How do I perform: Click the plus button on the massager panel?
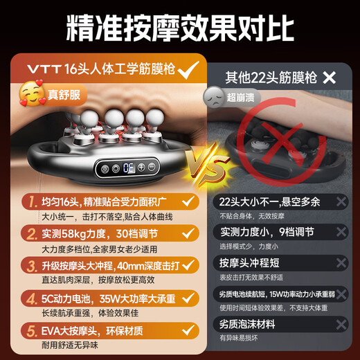click(141, 168)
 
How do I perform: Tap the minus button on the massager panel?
click(152, 168)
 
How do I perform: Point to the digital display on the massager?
click(129, 168)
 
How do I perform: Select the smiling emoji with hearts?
click(30, 93)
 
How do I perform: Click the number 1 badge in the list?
click(30, 201)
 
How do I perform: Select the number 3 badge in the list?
click(30, 265)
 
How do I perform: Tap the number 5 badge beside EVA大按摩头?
click(30, 329)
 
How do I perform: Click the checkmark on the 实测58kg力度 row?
click(186, 233)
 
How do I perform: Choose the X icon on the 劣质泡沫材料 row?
click(340, 323)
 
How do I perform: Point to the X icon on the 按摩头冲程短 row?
click(340, 264)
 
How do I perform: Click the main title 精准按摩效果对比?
click(180, 28)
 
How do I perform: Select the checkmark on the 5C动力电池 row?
click(186, 298)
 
